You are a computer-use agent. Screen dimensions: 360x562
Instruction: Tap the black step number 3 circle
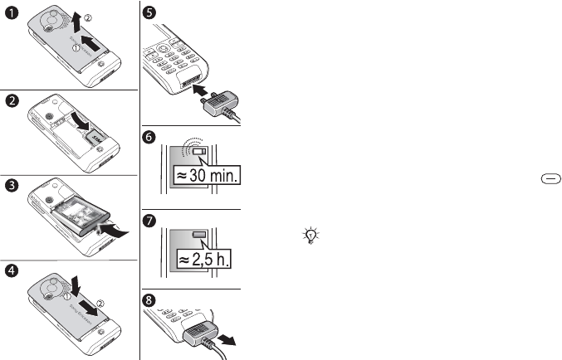9,185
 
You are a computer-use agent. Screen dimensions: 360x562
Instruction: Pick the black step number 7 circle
149,221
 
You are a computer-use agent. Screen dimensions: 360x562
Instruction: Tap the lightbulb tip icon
309,236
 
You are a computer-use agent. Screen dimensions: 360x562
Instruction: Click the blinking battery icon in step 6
198,152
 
